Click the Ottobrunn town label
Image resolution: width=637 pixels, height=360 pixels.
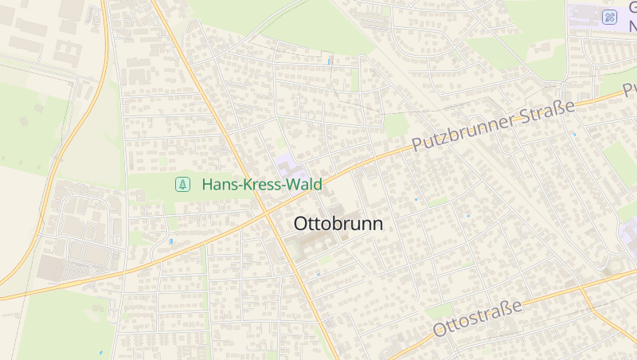point(338,225)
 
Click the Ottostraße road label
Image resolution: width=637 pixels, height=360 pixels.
point(478,318)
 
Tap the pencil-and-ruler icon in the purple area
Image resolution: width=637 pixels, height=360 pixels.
point(610,17)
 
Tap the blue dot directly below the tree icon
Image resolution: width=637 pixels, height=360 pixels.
point(171,240)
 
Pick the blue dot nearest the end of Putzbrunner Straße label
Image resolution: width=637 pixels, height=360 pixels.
point(575,135)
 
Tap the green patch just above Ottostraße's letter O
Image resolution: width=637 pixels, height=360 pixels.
point(439,311)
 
